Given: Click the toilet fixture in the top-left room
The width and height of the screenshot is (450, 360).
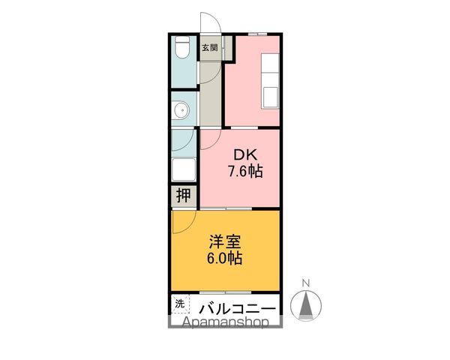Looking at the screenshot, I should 181,50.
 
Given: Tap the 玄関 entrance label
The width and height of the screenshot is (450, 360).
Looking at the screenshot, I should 209,47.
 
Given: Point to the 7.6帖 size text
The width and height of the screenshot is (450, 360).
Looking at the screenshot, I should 245,172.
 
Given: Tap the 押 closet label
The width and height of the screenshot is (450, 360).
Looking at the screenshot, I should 183,196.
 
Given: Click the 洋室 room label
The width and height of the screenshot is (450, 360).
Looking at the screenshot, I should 225,242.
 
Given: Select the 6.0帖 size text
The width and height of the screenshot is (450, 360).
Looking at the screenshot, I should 225,258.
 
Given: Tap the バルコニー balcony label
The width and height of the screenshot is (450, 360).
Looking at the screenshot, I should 237,308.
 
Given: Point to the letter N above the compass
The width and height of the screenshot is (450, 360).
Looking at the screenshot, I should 306,283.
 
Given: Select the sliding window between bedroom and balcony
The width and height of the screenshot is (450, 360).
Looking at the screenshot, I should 226,292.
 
